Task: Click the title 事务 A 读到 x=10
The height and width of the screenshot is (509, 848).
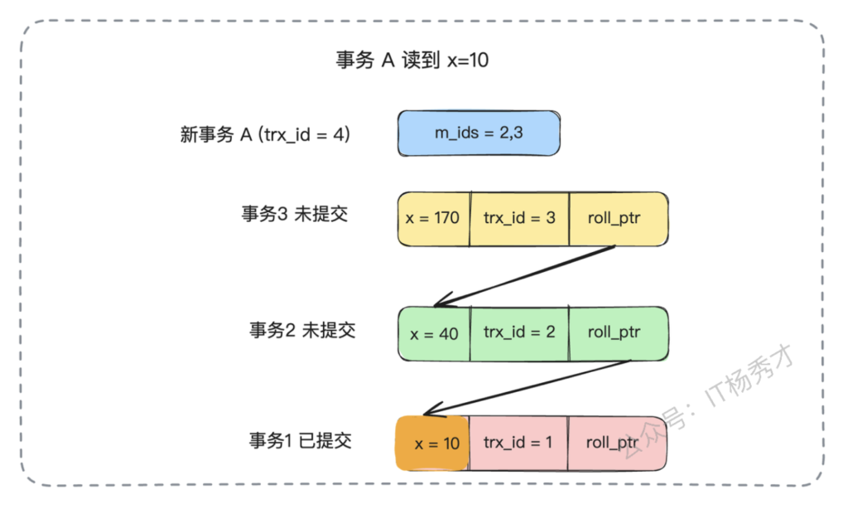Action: click(412, 61)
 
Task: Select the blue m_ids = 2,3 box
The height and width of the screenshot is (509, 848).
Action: click(479, 133)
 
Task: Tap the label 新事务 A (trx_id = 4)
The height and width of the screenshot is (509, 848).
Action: click(265, 134)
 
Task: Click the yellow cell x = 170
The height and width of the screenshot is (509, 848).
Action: click(433, 219)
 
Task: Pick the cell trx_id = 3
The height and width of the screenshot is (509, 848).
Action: click(519, 219)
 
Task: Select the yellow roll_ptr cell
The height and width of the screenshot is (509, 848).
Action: click(617, 219)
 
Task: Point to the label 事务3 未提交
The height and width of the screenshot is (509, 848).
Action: click(294, 214)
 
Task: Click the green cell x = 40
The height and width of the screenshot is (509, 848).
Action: click(434, 334)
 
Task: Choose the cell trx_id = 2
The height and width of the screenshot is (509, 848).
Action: click(519, 333)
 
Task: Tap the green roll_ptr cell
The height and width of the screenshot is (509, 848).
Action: click(617, 333)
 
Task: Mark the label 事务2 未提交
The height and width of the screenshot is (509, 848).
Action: click(302, 330)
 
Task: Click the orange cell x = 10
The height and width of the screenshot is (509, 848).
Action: click(431, 444)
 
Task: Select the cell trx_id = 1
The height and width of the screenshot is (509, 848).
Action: click(518, 443)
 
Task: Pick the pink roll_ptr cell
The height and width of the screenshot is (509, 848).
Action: click(616, 443)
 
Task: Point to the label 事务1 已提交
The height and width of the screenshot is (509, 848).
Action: click(300, 440)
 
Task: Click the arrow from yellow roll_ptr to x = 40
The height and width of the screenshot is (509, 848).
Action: click(526, 275)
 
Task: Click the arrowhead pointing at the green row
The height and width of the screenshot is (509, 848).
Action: click(439, 303)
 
